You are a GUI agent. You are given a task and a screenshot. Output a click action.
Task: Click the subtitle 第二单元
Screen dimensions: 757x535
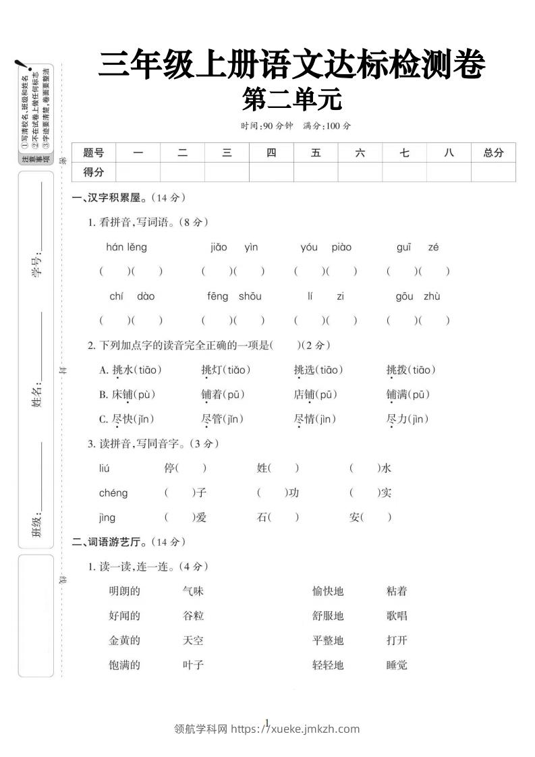click(292, 101)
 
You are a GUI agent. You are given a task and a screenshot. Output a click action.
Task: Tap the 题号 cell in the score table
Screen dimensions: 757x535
click(94, 153)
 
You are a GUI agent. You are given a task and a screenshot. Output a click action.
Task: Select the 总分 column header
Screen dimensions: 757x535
click(493, 153)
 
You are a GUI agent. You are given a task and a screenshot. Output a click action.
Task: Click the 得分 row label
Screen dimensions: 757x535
click(94, 172)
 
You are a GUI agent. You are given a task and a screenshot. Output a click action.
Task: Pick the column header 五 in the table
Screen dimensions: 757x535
click(316, 153)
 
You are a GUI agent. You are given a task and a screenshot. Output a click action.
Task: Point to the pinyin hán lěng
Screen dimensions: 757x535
click(126, 247)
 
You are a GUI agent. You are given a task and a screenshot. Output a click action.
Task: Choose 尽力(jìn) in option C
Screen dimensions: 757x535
click(407, 419)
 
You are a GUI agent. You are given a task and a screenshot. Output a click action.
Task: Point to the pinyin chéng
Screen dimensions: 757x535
click(113, 493)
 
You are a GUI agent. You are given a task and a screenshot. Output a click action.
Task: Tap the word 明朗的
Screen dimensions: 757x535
click(124, 592)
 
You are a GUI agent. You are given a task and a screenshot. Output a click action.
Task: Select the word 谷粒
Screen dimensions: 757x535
click(193, 616)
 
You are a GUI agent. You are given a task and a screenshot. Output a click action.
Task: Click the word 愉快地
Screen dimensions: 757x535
click(328, 592)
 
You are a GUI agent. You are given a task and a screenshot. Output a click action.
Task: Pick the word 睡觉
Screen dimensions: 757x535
click(397, 665)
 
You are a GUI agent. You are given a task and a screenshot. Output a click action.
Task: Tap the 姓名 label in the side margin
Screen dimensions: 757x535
click(36, 395)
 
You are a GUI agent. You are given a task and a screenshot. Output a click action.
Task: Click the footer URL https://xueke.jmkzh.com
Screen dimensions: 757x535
click(295, 729)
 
